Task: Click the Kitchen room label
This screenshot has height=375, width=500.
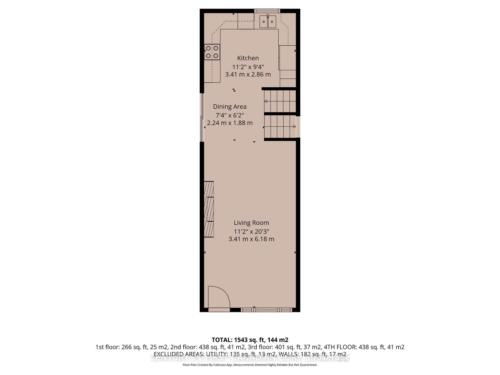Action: (x=248, y=58)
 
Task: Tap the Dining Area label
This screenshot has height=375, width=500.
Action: (x=230, y=107)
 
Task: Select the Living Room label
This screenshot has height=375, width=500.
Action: (x=251, y=223)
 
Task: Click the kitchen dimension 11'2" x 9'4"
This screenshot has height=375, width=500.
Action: (x=248, y=67)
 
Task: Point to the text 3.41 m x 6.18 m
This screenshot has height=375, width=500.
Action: (x=251, y=239)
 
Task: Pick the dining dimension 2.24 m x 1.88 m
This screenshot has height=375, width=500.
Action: (x=230, y=123)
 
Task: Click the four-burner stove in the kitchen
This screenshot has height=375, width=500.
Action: (x=212, y=52)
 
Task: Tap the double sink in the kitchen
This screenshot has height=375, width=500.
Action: (x=268, y=22)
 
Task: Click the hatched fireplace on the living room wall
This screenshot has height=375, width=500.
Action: (x=209, y=209)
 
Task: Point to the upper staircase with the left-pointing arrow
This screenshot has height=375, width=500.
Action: (x=280, y=101)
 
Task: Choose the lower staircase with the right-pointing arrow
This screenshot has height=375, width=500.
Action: (x=280, y=127)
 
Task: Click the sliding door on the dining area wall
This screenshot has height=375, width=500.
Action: (x=201, y=117)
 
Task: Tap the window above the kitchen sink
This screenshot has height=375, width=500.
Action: (x=267, y=11)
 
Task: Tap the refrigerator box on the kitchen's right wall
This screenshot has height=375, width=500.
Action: (x=287, y=58)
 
